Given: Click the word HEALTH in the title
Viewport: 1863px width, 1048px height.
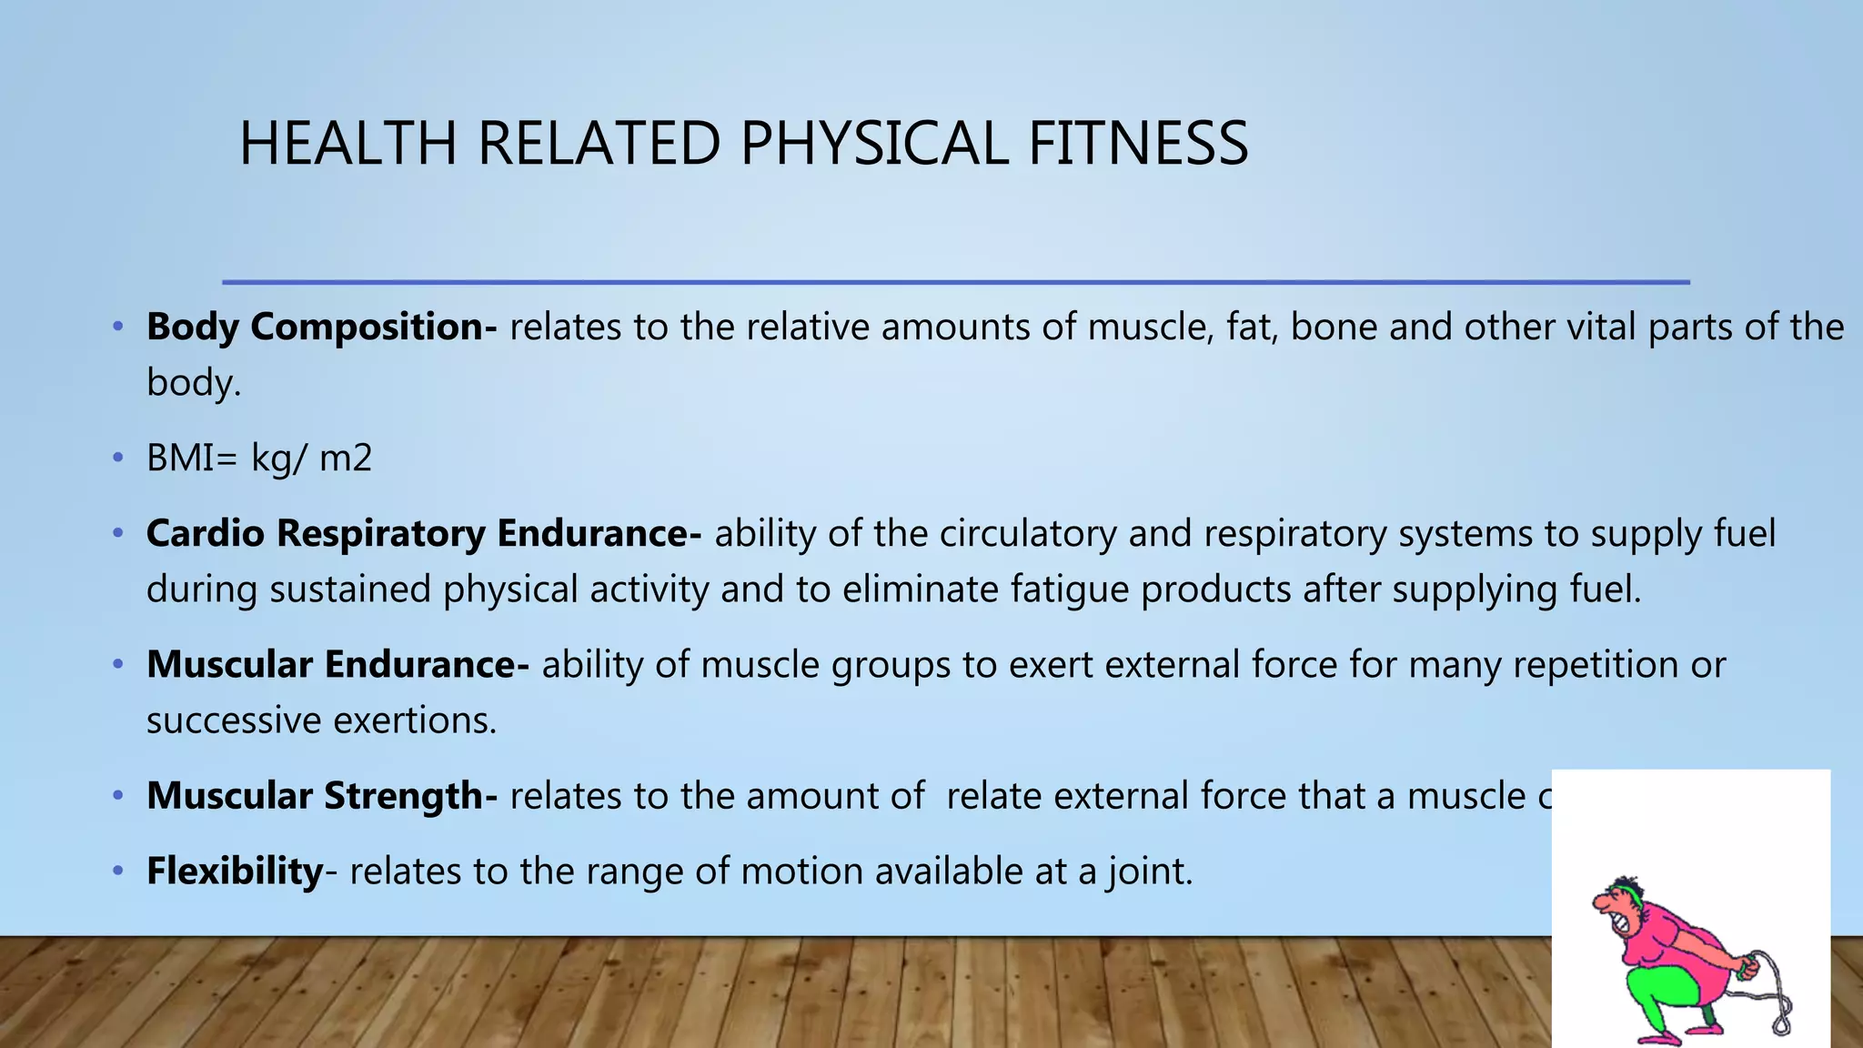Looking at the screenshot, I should point(347,144).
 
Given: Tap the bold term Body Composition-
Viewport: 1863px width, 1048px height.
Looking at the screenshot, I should point(321,327).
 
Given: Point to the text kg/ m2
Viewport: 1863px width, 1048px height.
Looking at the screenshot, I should point(312,458).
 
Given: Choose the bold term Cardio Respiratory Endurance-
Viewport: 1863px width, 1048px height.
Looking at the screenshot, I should point(423,533).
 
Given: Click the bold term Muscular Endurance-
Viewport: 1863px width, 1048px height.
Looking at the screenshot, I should point(337,665).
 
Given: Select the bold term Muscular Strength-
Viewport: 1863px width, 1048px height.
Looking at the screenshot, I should point(321,796).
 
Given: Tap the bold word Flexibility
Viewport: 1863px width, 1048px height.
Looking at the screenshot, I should point(235,872).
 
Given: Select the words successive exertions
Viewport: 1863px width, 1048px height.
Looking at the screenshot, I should point(321,720).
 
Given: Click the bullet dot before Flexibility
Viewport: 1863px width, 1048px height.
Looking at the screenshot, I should point(117,872).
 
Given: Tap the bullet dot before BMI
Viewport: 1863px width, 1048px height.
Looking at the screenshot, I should point(117,458).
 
